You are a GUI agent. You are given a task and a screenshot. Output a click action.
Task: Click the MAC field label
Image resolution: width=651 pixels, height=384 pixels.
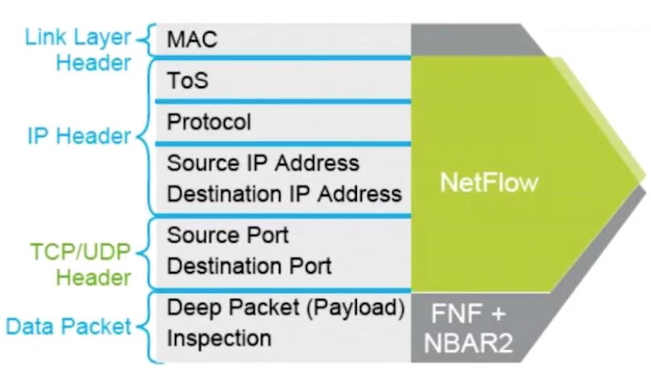click(193, 39)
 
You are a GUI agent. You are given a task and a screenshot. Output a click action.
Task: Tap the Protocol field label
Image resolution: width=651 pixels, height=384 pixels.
click(209, 123)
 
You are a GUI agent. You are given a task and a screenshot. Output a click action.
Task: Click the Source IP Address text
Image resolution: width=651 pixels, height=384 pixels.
click(263, 163)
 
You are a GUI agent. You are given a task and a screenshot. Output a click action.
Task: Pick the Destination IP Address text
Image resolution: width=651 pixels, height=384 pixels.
click(284, 194)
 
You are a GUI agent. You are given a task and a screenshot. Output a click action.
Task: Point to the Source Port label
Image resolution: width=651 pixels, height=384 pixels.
click(227, 236)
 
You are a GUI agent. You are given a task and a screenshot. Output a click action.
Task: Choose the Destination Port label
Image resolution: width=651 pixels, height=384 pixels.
click(249, 266)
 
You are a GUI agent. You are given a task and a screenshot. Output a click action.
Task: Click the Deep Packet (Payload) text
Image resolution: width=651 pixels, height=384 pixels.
click(284, 307)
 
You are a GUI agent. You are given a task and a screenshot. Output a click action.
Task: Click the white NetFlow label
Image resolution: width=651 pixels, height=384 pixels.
click(489, 183)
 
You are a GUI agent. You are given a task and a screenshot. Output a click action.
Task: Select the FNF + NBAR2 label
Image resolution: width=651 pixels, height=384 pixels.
click(468, 327)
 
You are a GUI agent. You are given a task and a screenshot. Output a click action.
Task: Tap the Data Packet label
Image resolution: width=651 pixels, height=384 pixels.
click(68, 327)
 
